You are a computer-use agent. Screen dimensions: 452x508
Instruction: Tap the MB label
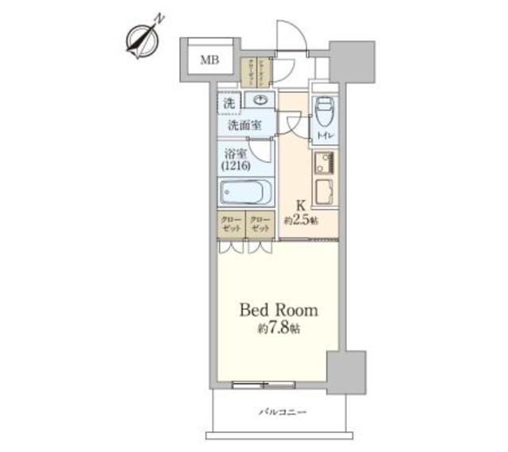click(x=210, y=60)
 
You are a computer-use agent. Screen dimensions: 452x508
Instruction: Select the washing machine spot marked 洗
click(x=229, y=102)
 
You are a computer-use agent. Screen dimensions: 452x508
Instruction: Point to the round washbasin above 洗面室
click(x=260, y=99)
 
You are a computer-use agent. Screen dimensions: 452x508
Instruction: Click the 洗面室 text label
click(x=245, y=125)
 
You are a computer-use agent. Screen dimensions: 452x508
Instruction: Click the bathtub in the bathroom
click(x=246, y=193)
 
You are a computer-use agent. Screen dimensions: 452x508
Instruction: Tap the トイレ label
click(x=325, y=137)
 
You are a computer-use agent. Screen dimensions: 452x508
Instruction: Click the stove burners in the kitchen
click(x=324, y=164)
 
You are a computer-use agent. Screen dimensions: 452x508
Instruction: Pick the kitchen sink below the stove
click(x=324, y=192)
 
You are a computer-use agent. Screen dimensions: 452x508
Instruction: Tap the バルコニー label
click(x=282, y=411)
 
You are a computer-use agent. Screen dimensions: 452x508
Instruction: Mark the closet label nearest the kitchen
click(x=260, y=223)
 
